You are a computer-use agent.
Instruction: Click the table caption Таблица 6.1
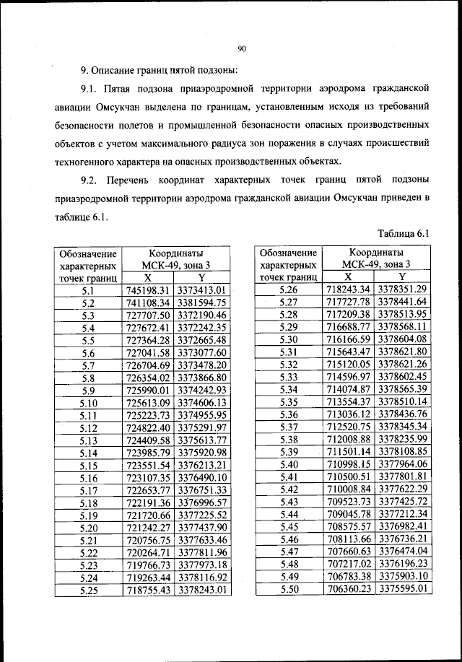[404, 233]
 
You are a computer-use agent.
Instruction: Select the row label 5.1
[89, 290]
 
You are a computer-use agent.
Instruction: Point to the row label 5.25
[89, 589]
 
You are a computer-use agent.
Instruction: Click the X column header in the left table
[147, 278]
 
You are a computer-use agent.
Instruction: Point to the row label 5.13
[89, 440]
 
